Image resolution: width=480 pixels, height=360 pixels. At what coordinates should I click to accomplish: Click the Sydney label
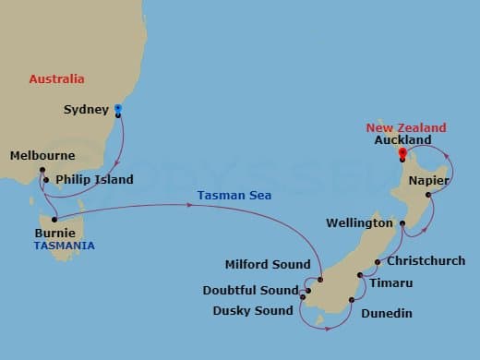[x=86, y=110]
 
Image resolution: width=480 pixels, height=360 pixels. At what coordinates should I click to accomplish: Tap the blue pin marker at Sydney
[x=118, y=111]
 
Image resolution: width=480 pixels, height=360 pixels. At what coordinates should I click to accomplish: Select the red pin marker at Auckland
[x=402, y=153]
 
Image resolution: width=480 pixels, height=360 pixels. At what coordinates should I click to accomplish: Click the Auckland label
[x=403, y=140]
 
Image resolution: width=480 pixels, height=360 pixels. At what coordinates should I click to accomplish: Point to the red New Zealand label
[x=406, y=127]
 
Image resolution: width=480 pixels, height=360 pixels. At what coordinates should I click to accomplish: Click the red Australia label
[x=56, y=79]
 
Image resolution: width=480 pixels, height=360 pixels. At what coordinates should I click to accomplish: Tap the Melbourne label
[x=42, y=156]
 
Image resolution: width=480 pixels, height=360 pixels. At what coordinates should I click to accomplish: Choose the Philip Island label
[x=94, y=180]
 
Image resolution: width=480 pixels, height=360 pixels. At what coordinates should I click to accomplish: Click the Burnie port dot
[x=54, y=220]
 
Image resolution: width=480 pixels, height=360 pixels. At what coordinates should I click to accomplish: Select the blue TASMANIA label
[x=64, y=246]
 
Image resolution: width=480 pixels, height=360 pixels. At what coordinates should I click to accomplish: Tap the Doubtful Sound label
[x=250, y=291]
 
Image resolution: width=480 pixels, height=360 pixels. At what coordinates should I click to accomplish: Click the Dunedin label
[x=387, y=315]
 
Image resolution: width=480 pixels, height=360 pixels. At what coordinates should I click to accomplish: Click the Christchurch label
[x=426, y=261]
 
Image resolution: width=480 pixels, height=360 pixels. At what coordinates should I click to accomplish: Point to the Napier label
[x=429, y=181]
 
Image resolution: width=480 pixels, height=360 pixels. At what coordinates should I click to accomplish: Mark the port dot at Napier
[x=429, y=195]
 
